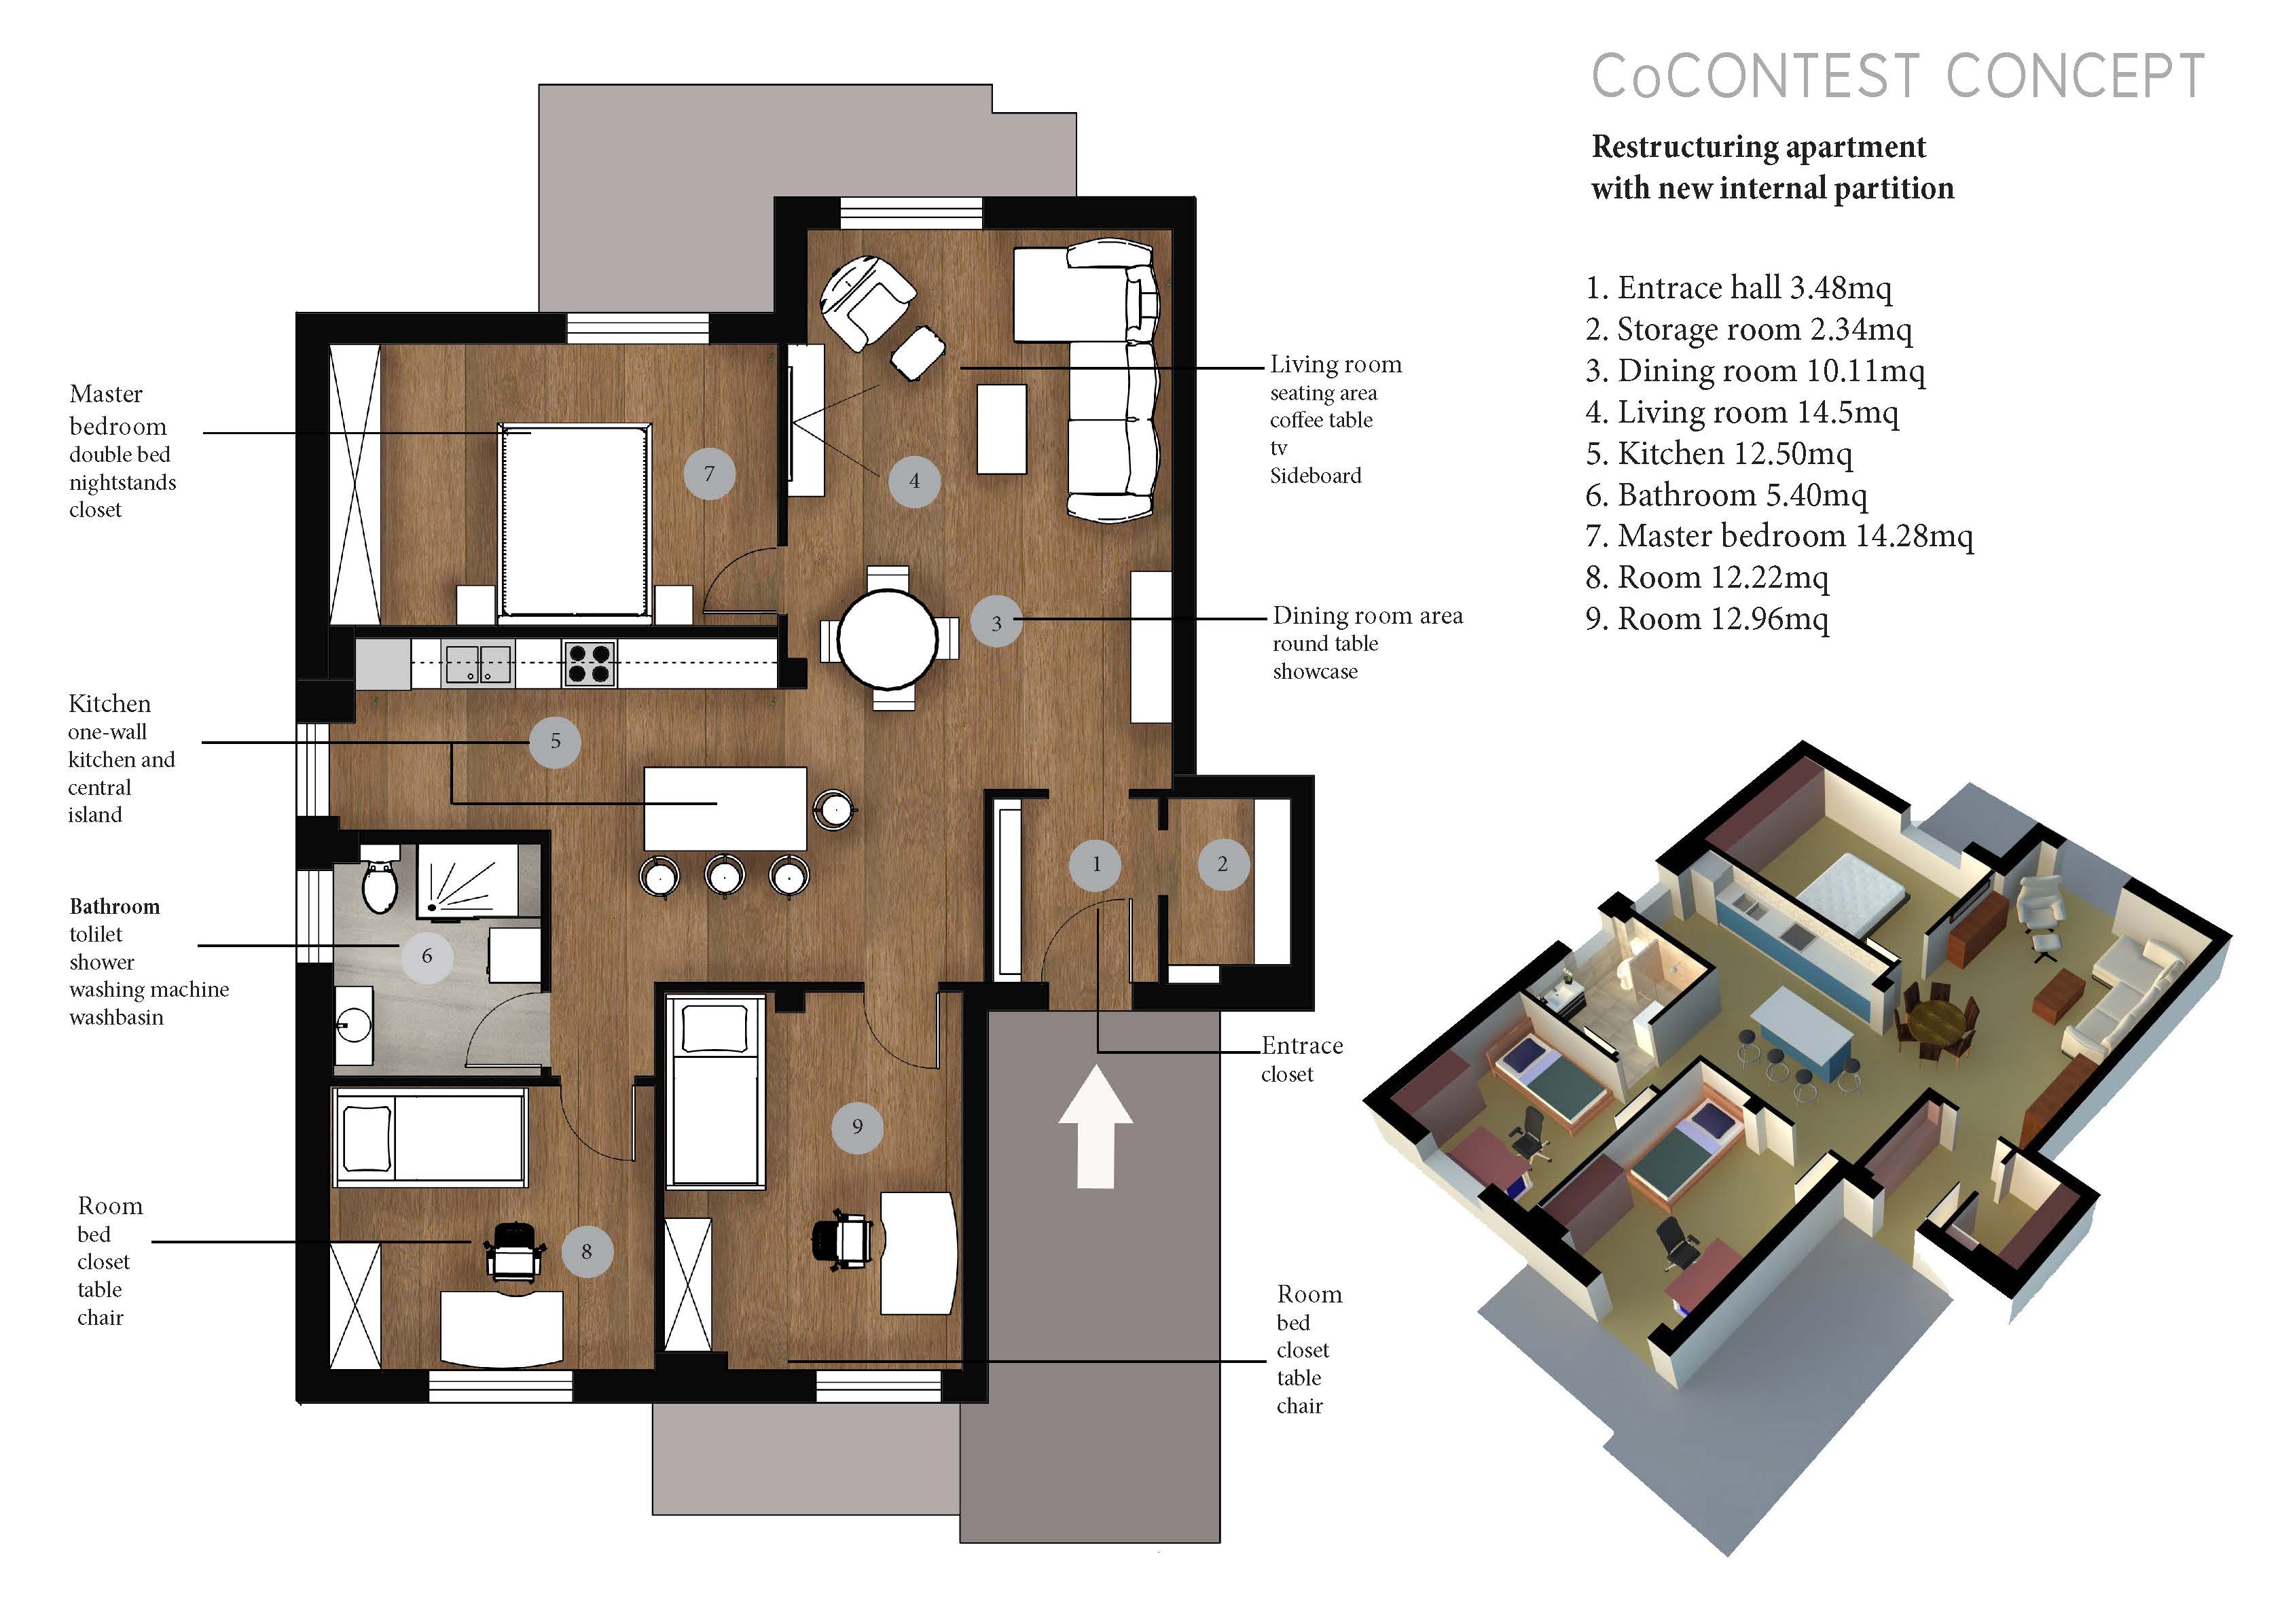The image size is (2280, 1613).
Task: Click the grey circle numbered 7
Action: [709, 473]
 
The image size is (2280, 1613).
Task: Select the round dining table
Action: [888, 639]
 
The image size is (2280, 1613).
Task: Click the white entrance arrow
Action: [1096, 1127]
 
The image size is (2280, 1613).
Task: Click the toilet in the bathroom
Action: [380, 879]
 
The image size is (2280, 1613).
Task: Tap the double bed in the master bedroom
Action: [575, 522]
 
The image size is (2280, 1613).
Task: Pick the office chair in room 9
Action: [842, 1239]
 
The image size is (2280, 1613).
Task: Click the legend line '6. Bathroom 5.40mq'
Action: [1726, 495]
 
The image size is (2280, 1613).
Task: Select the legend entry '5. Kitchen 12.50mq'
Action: [1719, 454]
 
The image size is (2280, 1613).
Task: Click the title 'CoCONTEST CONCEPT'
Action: [1898, 77]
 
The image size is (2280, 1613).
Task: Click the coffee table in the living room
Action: [1001, 429]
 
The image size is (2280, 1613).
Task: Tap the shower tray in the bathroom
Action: [467, 879]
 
